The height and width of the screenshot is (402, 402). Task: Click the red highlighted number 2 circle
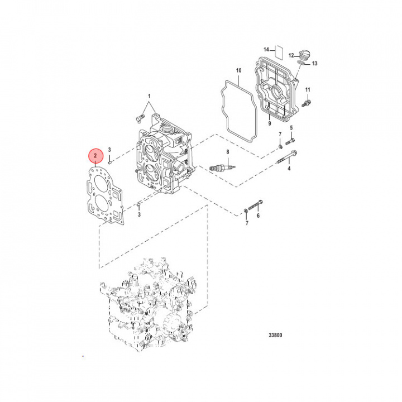pyautogui.click(x=95, y=155)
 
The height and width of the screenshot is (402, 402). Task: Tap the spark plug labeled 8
pyautogui.click(x=220, y=166)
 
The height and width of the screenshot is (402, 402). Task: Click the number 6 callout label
pyautogui.click(x=258, y=216)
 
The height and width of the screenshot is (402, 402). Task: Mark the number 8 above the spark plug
pyautogui.click(x=227, y=152)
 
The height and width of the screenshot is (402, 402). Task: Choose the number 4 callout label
pyautogui.click(x=289, y=168)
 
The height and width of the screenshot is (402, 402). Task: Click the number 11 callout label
pyautogui.click(x=307, y=90)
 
